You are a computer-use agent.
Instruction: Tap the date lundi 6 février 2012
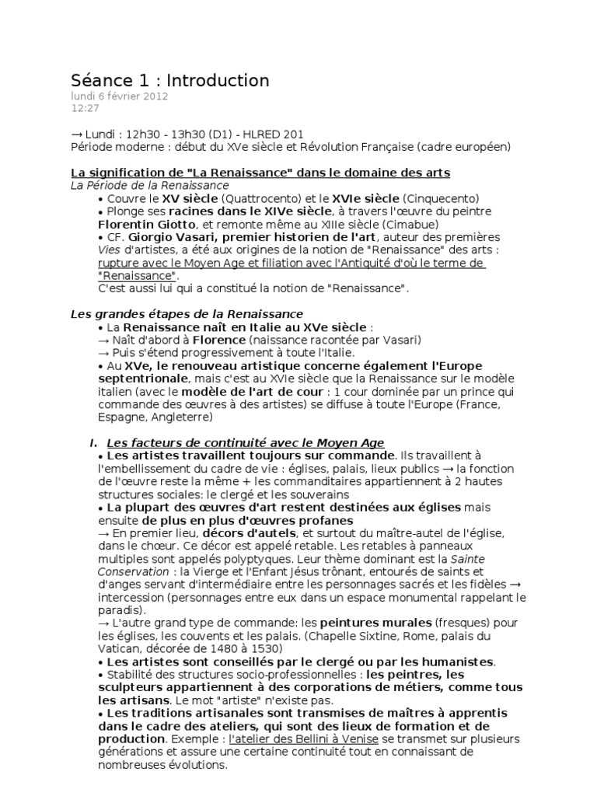pos(119,97)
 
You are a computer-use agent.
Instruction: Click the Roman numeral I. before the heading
pos(93,442)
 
